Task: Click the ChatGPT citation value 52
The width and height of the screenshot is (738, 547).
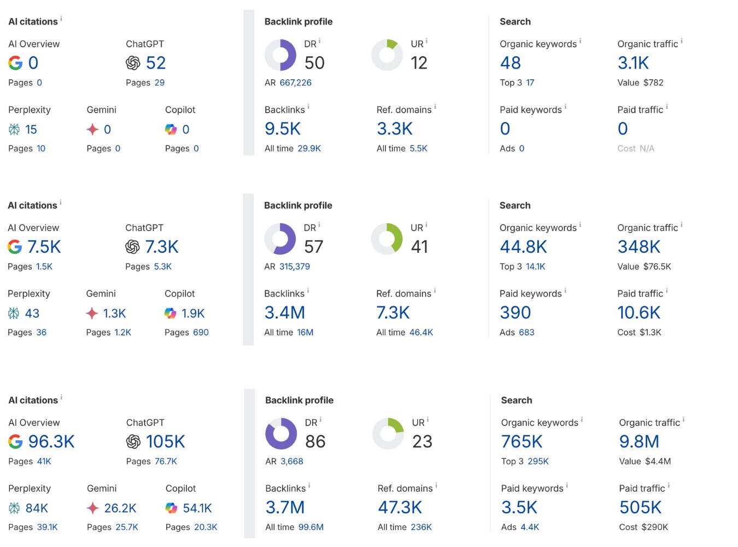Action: [x=156, y=63]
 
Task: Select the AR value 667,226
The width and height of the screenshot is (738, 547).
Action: [x=295, y=83]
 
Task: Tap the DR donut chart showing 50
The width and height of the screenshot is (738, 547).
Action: [x=280, y=55]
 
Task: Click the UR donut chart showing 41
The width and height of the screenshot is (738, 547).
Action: [x=386, y=238]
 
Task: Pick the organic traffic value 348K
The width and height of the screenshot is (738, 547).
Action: [x=639, y=247]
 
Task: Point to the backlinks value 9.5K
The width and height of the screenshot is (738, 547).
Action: [x=283, y=129]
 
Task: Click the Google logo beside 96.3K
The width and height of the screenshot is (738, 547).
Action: [x=15, y=441]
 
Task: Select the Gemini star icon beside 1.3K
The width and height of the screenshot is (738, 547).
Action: [x=92, y=313]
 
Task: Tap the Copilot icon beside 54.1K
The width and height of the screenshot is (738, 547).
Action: [x=171, y=508]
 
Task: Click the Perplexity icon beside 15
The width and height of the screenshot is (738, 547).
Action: [x=14, y=130]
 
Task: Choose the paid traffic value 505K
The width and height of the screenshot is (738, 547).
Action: [x=640, y=508]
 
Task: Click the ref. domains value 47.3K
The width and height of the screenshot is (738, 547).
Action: [x=400, y=508]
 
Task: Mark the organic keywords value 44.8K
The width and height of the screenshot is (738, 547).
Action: [x=523, y=247]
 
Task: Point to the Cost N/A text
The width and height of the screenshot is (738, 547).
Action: [x=636, y=148]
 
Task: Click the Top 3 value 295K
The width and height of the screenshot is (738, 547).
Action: [x=538, y=461]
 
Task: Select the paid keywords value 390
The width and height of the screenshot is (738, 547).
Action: [x=515, y=313]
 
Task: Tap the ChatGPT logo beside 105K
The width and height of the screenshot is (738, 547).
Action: [x=133, y=441]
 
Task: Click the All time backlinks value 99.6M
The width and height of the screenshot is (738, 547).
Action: [x=311, y=527]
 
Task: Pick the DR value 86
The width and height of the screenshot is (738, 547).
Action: [x=315, y=441]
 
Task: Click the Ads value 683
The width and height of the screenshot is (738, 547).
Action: [x=526, y=332]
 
